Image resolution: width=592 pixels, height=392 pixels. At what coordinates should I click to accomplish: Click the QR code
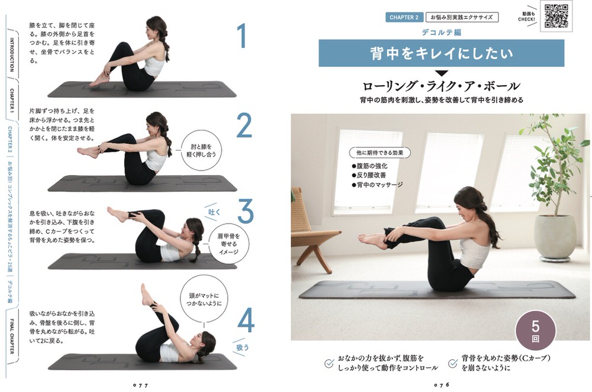[556, 16]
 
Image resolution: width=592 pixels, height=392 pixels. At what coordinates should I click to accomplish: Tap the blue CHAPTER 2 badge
[404, 17]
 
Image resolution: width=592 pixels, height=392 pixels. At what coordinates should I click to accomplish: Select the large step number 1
[242, 36]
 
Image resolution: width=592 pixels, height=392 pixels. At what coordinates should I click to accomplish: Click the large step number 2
[244, 126]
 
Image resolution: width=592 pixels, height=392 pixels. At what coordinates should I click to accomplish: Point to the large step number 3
[246, 211]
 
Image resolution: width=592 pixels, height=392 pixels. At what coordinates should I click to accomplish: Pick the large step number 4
[246, 321]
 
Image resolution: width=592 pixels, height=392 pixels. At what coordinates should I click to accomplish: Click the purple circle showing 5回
[535, 331]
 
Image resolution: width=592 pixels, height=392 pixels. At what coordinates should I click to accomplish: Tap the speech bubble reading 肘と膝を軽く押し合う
[201, 151]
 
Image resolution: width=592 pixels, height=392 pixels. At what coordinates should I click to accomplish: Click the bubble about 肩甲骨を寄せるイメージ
[229, 244]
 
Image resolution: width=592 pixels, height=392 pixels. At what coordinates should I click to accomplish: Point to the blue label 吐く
[214, 213]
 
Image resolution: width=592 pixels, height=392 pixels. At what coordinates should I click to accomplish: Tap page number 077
[141, 385]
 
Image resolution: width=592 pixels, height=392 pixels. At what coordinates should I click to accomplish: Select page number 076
[442, 385]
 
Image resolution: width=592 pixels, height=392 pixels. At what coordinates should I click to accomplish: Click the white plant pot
[555, 237]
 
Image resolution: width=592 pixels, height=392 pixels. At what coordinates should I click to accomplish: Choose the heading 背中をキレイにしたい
[442, 53]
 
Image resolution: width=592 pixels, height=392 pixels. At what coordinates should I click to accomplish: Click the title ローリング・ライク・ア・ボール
[441, 86]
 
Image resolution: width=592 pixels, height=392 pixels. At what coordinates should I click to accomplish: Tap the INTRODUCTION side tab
[12, 54]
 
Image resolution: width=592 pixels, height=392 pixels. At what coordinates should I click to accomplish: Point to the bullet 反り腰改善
[369, 175]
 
